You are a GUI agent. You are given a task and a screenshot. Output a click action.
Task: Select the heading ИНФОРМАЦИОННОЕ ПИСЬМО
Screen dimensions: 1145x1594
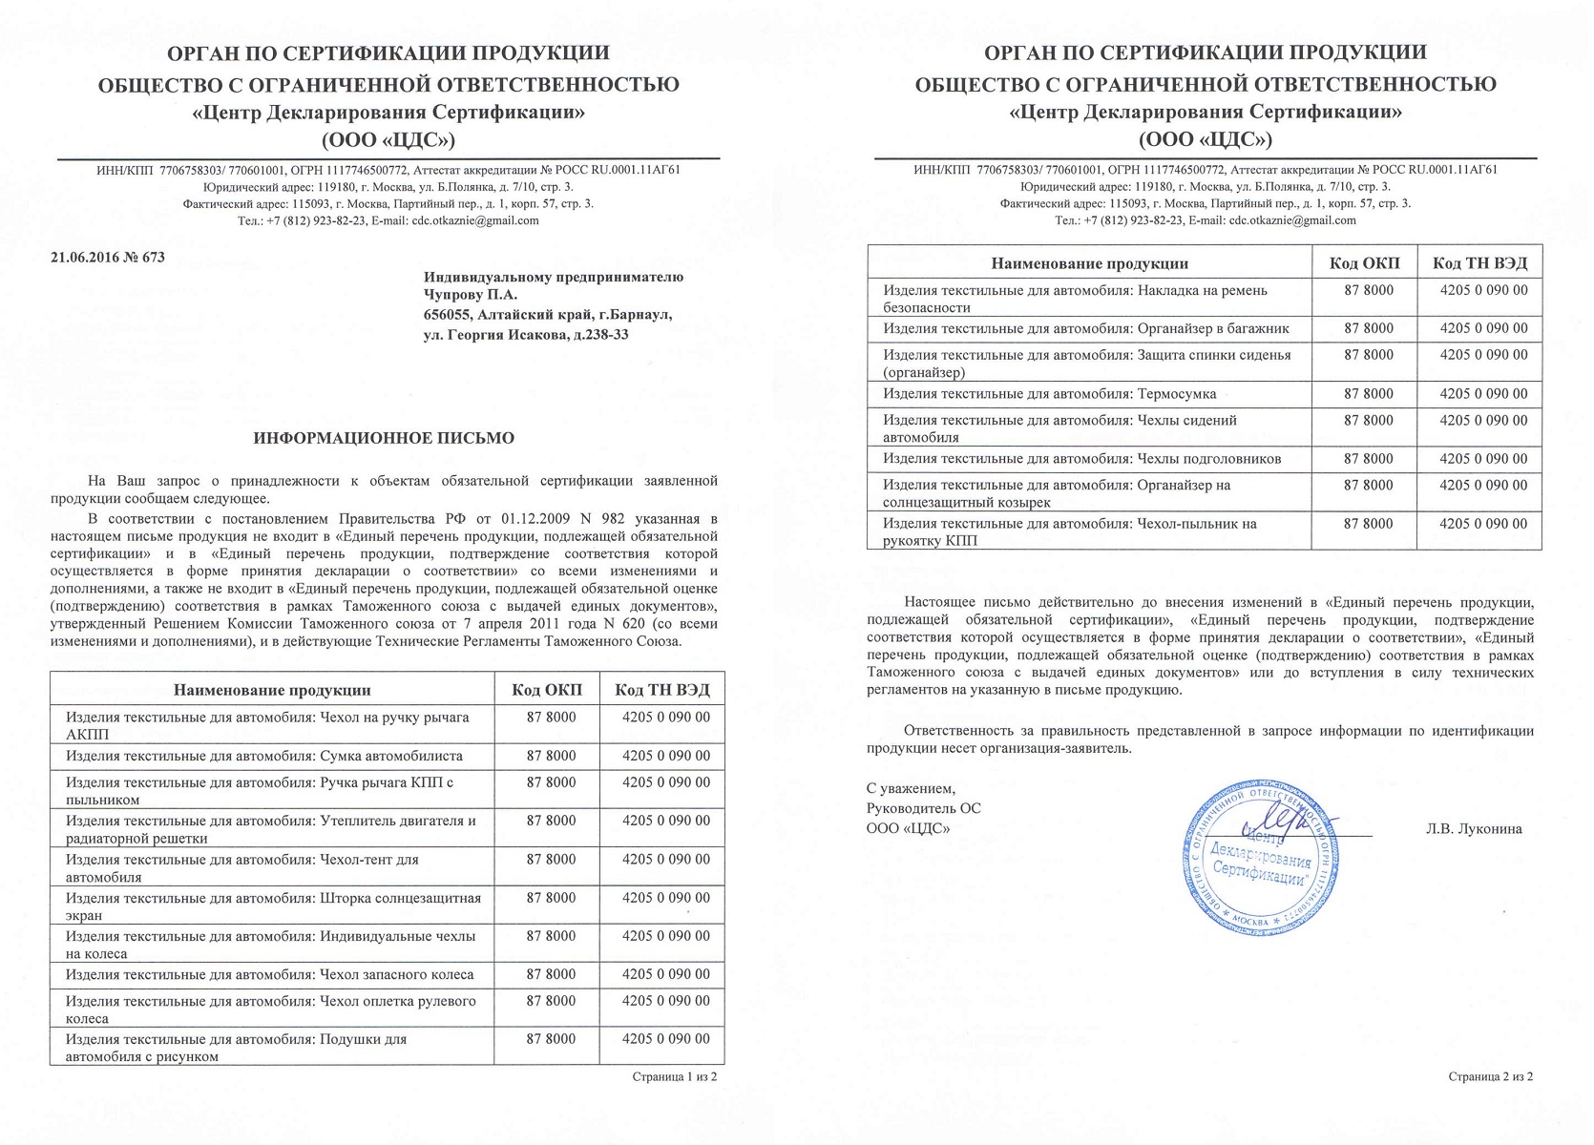[384, 438]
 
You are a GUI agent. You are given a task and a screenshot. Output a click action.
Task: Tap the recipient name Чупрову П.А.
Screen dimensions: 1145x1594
[470, 296]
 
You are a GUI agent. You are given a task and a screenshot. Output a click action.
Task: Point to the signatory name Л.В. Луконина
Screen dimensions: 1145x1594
[1474, 829]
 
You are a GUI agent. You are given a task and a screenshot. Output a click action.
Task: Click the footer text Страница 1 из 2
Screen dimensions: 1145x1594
[674, 1077]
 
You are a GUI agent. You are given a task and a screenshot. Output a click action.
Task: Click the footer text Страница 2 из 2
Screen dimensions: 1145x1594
[1490, 1077]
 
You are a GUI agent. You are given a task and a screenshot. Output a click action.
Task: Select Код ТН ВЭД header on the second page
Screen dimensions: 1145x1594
[1480, 263]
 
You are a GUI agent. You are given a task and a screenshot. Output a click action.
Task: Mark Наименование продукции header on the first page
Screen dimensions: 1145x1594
[272, 690]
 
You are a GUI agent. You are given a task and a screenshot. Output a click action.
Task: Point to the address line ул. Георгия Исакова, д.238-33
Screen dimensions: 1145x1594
[526, 335]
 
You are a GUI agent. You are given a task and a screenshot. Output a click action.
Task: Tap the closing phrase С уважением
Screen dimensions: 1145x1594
[911, 789]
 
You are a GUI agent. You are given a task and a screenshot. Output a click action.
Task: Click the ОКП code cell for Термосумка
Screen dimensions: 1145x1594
[1369, 394]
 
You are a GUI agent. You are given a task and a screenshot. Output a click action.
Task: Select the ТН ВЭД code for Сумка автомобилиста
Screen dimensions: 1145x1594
[665, 757]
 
